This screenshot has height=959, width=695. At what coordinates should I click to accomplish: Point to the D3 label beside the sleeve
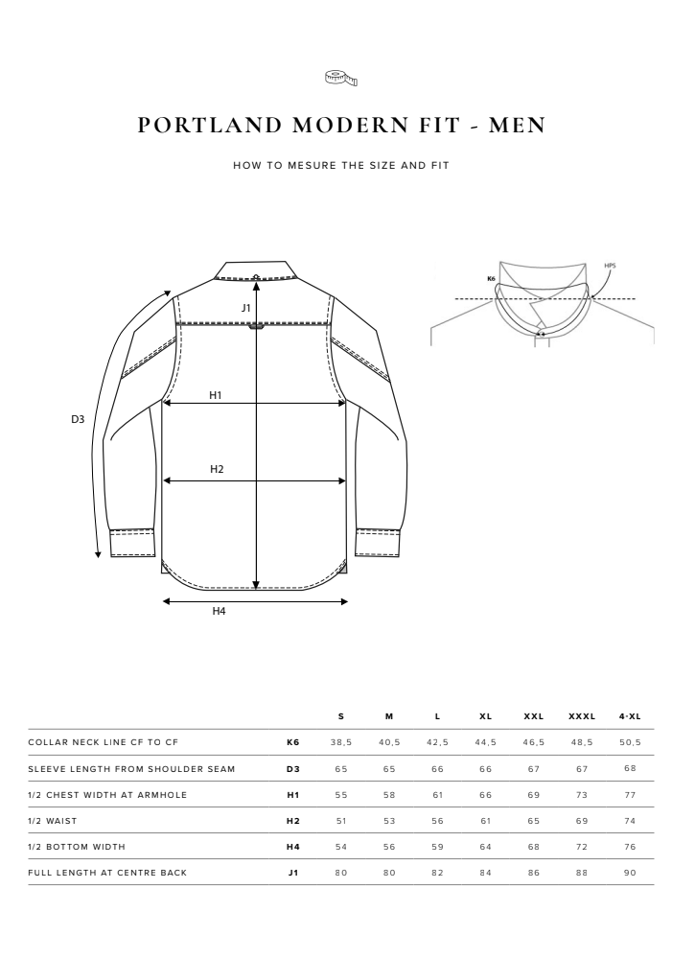pyautogui.click(x=79, y=419)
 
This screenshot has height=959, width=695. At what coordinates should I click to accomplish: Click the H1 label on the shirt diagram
pyautogui.click(x=216, y=395)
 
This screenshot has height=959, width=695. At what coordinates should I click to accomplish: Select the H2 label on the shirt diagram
pyautogui.click(x=217, y=469)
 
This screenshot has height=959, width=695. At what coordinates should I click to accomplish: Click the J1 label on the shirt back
pyautogui.click(x=246, y=308)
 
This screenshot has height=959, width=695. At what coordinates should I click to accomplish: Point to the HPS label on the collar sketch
pyautogui.click(x=611, y=268)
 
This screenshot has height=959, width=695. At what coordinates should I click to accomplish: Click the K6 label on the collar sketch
pyautogui.click(x=491, y=279)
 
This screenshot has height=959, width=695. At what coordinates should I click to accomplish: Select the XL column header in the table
pyautogui.click(x=485, y=716)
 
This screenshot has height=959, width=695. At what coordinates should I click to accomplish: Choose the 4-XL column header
pyautogui.click(x=630, y=716)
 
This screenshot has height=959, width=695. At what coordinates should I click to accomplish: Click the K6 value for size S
pyautogui.click(x=342, y=742)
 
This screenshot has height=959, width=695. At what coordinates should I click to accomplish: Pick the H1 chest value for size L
pyautogui.click(x=437, y=794)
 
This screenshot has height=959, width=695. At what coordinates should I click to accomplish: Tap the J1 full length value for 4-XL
pyautogui.click(x=630, y=872)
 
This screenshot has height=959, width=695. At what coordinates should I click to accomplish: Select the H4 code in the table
pyautogui.click(x=293, y=846)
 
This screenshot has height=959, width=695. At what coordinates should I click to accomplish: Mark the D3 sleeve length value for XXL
pyautogui.click(x=534, y=768)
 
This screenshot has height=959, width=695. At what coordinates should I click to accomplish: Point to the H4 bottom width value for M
pyautogui.click(x=389, y=846)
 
